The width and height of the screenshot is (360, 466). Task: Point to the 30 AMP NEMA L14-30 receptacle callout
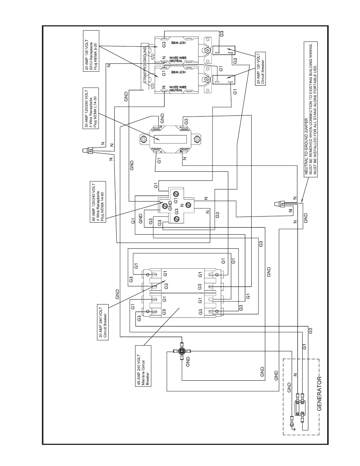90,109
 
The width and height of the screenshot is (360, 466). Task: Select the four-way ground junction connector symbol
182,351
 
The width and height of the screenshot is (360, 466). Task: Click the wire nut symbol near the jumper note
280,204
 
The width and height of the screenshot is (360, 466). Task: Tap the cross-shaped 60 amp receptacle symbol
175,206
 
